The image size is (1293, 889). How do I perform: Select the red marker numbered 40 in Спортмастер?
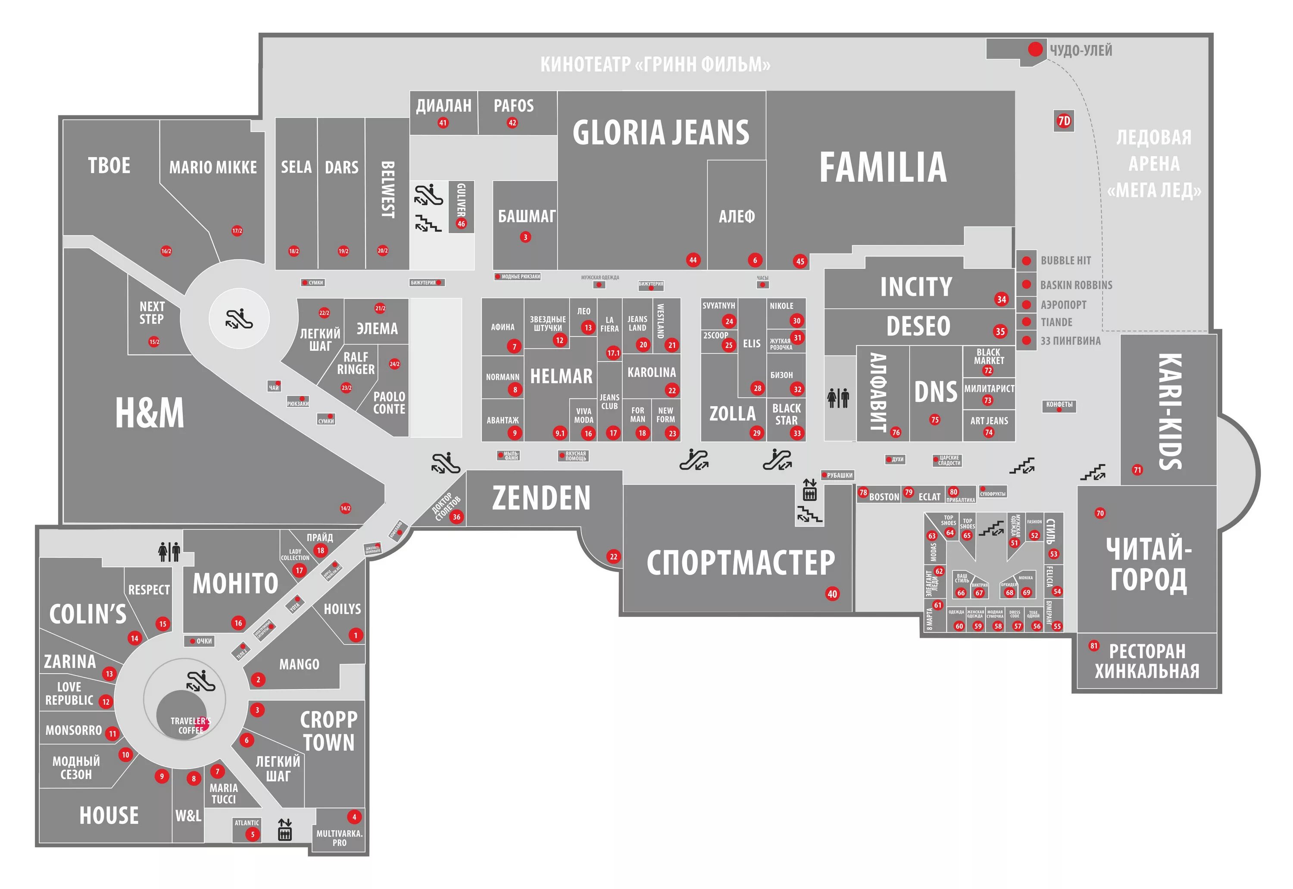(x=832, y=594)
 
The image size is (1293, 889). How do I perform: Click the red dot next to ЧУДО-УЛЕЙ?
(x=1035, y=49)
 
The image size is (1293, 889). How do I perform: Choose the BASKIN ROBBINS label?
(x=1076, y=285)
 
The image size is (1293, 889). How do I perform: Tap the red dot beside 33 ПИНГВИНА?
(x=1026, y=340)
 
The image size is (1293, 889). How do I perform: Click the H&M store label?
(x=150, y=413)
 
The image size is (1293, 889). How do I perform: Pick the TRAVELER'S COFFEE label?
(x=190, y=725)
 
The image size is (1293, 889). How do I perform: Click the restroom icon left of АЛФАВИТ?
(x=838, y=398)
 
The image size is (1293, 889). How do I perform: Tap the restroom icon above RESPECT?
(x=169, y=551)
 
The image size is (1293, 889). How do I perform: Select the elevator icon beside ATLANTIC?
(x=285, y=830)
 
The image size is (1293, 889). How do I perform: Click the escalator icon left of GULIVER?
(x=428, y=194)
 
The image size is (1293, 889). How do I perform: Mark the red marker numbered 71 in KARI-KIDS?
(x=1137, y=470)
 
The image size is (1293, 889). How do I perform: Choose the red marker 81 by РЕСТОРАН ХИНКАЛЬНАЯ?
(x=1093, y=646)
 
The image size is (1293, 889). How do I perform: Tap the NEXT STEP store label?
(x=152, y=313)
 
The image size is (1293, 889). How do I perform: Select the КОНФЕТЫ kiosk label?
(x=1059, y=405)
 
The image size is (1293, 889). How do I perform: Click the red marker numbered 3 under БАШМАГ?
(x=525, y=237)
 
